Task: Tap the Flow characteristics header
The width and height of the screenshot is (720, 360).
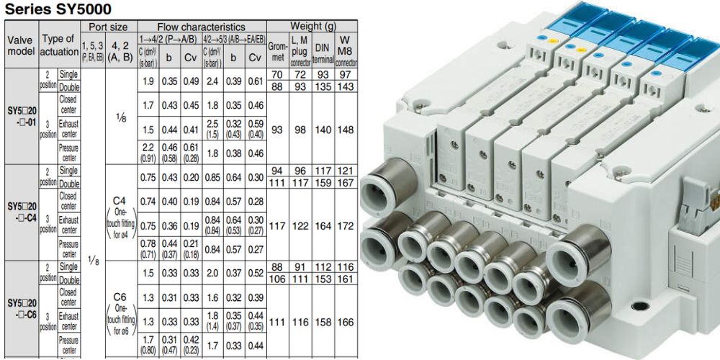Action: (x=202, y=27)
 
